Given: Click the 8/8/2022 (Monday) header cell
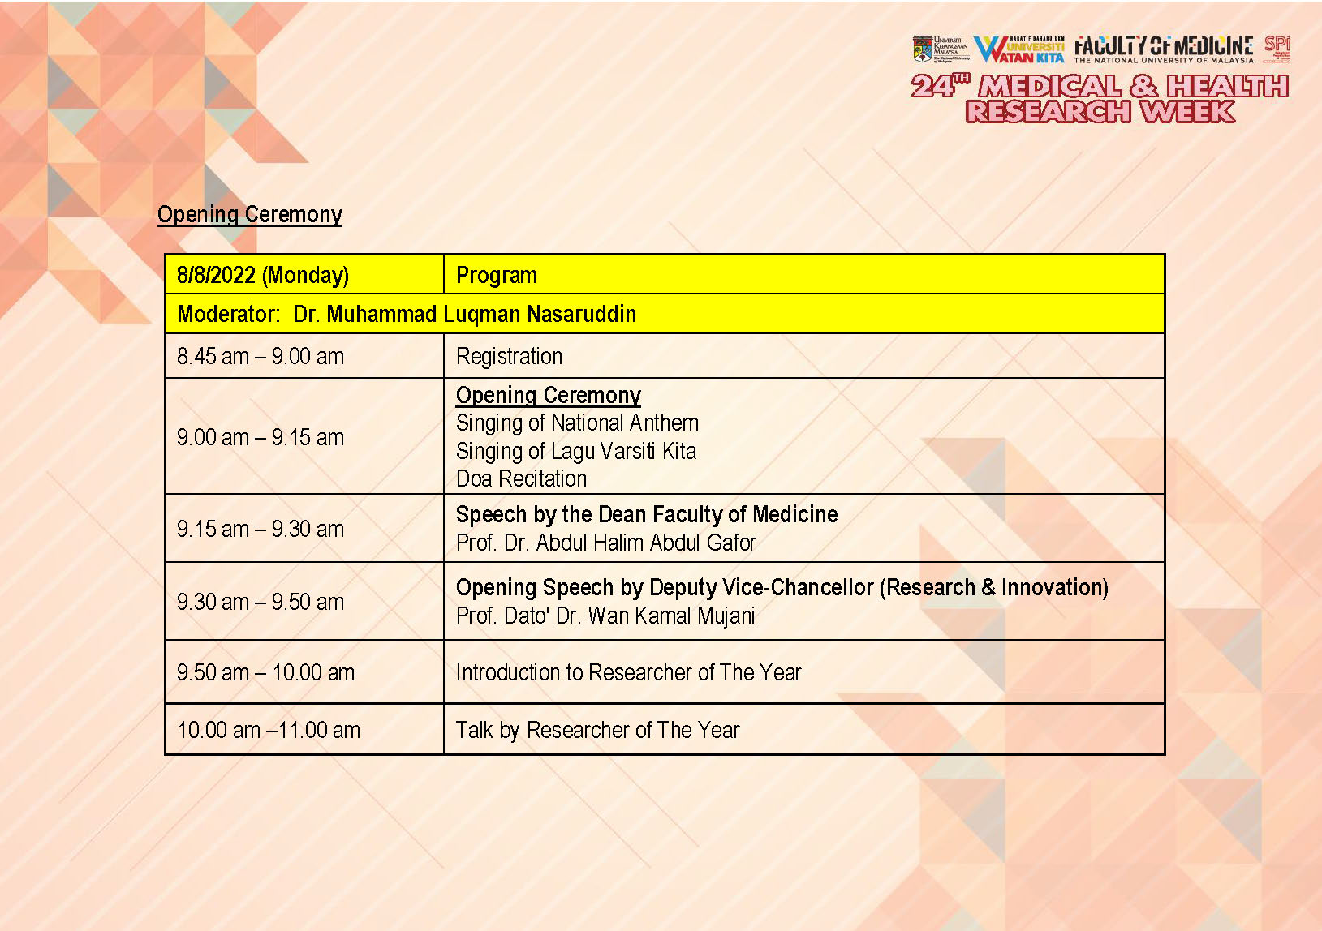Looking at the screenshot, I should (263, 275).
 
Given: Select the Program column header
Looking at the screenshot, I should (497, 275).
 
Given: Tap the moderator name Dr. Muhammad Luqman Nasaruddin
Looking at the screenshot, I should (464, 314).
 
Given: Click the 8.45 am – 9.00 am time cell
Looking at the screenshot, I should (261, 356).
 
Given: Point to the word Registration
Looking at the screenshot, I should (509, 356).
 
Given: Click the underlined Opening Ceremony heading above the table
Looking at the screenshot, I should (250, 214).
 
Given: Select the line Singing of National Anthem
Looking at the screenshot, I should (577, 423).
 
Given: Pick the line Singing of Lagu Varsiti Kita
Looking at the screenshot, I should (576, 451).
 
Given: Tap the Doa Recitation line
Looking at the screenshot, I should (521, 478).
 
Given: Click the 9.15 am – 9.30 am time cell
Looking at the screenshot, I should (261, 529).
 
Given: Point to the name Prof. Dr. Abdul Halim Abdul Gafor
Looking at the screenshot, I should (605, 543).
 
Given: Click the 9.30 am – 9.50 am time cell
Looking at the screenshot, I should (261, 602).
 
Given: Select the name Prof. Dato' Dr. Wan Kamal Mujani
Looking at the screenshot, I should (605, 616).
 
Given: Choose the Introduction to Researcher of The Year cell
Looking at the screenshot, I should (628, 672).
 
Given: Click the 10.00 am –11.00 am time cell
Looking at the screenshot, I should (269, 730).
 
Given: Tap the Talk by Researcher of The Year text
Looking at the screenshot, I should (597, 730).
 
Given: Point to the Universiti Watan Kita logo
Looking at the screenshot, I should (1019, 49).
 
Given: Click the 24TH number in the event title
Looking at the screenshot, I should (939, 85).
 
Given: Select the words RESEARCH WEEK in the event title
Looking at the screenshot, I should (1100, 111).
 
